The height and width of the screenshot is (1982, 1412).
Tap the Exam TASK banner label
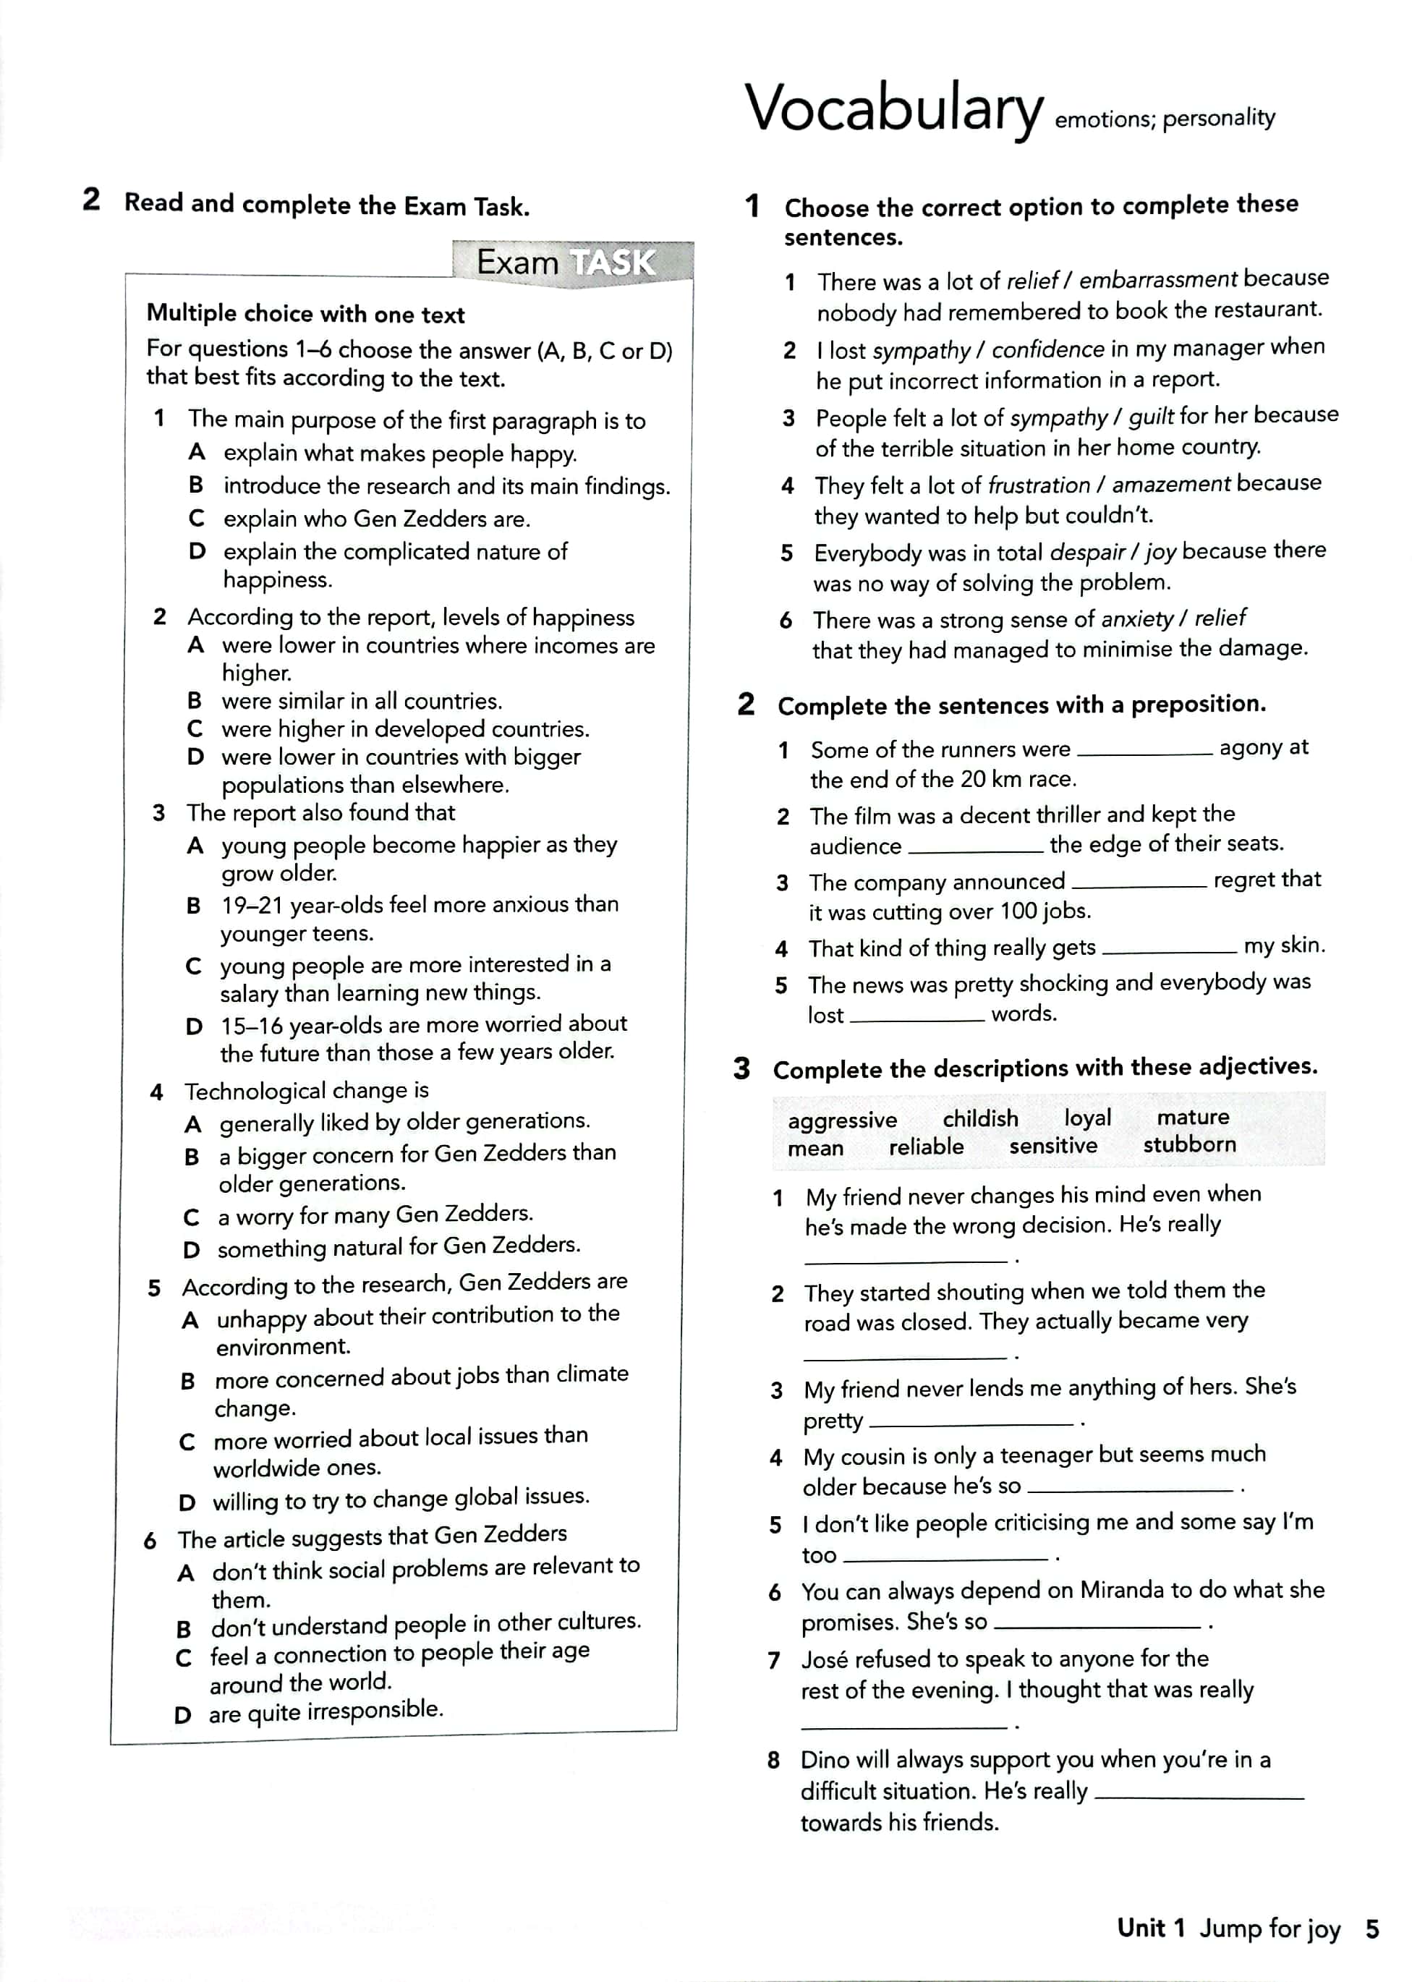pyautogui.click(x=566, y=262)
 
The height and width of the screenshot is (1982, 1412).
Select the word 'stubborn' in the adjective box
pyautogui.click(x=1188, y=1144)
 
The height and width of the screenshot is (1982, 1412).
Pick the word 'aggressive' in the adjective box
pyautogui.click(x=842, y=1120)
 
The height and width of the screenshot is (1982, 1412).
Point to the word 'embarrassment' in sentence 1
pyautogui.click(x=1157, y=279)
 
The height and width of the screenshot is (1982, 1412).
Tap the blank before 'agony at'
pyautogui.click(x=1144, y=752)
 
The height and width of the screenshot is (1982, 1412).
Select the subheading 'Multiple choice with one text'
pyautogui.click(x=305, y=314)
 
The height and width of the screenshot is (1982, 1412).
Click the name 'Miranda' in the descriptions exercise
pyautogui.click(x=1122, y=1590)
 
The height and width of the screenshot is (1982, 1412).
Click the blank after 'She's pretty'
pyautogui.click(x=971, y=1424)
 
